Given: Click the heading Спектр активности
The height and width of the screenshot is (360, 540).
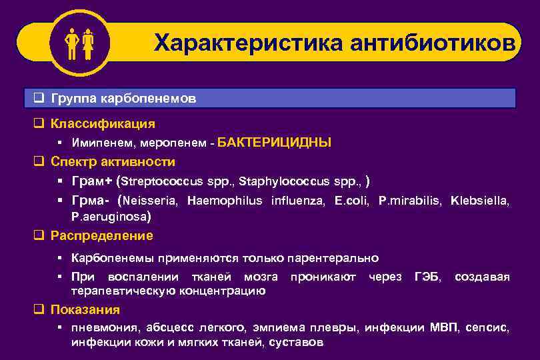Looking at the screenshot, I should tap(113, 162).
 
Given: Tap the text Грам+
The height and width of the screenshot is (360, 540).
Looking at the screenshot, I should tap(91, 181).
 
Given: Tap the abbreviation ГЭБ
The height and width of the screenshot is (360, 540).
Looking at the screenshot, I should tap(427, 277).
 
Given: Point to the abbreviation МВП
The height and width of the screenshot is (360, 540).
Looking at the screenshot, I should tap(443, 328).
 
